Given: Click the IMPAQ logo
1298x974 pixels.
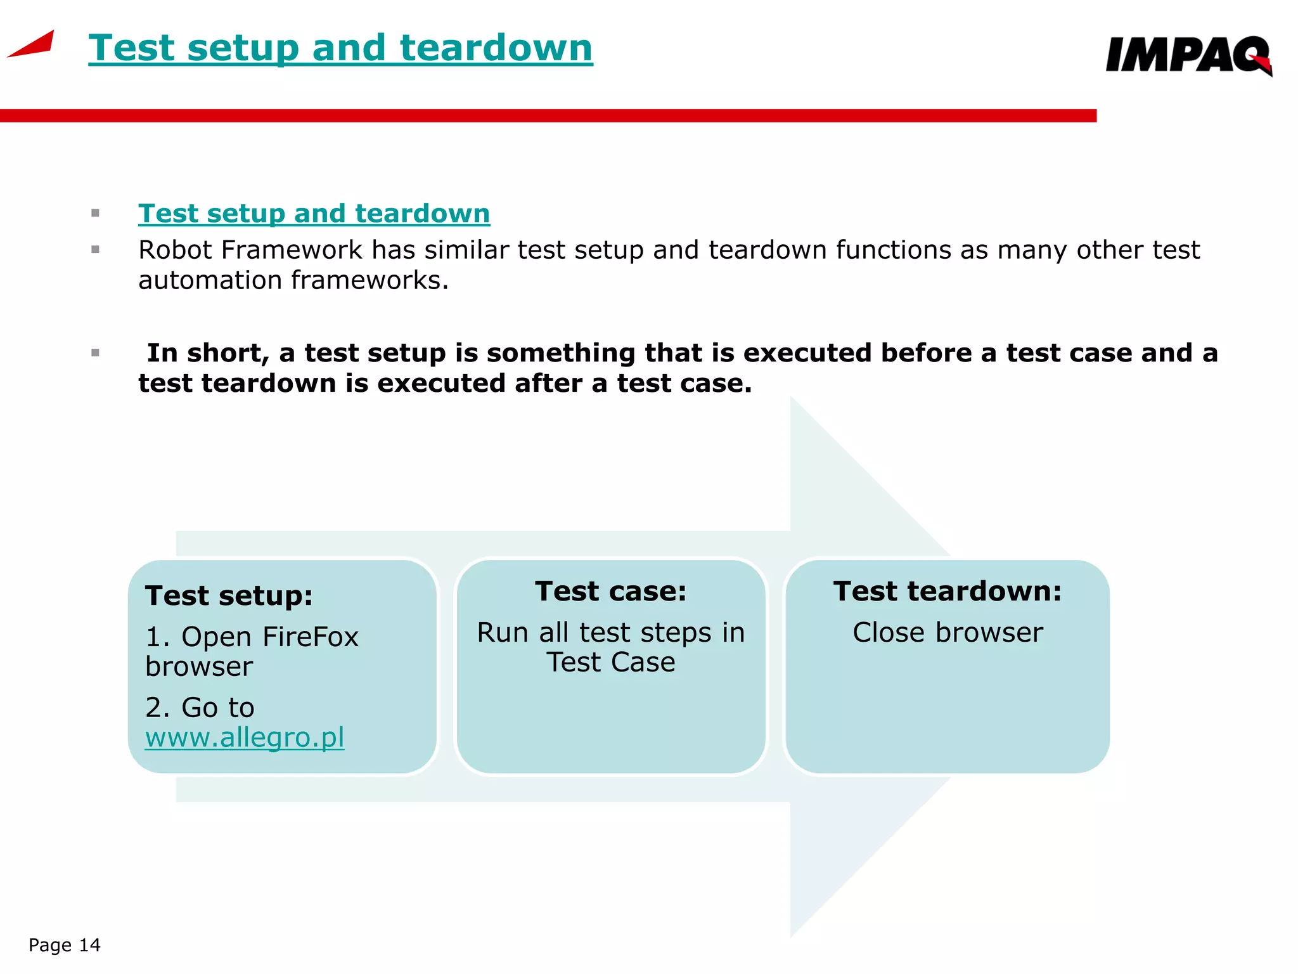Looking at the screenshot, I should pyautogui.click(x=1187, y=56).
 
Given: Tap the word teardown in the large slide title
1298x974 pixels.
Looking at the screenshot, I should pyautogui.click(x=496, y=48).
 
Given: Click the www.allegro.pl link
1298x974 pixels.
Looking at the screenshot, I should pyautogui.click(x=245, y=737).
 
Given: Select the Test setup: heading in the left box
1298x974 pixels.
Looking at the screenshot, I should pyautogui.click(x=229, y=596).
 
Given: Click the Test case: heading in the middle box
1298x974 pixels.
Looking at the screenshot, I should pyautogui.click(x=611, y=592).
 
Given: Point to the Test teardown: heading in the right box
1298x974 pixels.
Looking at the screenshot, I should pyautogui.click(x=948, y=592).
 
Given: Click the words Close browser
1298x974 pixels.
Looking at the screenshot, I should pyautogui.click(x=948, y=633).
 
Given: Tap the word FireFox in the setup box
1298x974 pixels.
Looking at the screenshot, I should pyautogui.click(x=311, y=637).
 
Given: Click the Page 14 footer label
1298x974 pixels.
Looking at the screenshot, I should pyautogui.click(x=65, y=945).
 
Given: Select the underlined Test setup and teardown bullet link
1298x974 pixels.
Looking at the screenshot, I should pyautogui.click(x=314, y=214).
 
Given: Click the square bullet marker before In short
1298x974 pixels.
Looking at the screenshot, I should pyautogui.click(x=96, y=353).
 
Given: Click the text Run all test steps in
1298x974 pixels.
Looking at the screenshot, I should pyautogui.click(x=611, y=633).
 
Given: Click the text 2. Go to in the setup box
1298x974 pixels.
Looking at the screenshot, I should pyautogui.click(x=200, y=708).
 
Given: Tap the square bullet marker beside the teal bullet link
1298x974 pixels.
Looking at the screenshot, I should pyautogui.click(x=96, y=214).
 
